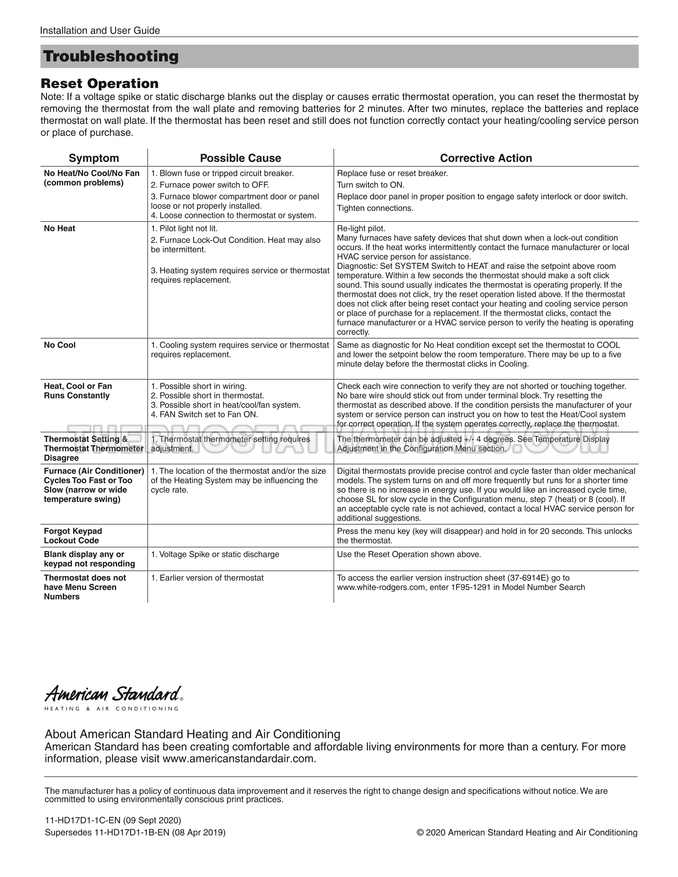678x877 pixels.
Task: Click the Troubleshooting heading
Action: tap(111, 56)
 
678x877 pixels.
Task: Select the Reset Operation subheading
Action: tap(100, 83)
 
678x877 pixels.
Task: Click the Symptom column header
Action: tap(94, 158)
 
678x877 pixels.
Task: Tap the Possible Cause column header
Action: tap(241, 158)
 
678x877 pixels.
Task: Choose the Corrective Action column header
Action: tap(486, 158)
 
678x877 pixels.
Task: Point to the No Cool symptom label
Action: tap(60, 345)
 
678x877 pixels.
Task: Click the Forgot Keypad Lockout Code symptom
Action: tap(73, 536)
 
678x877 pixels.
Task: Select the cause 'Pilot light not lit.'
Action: tap(184, 228)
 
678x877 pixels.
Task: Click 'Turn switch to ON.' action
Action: tap(371, 185)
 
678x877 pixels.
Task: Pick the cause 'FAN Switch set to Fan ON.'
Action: tap(204, 414)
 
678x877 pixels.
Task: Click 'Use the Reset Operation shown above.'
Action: tap(409, 554)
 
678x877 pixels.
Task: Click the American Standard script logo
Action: tap(113, 694)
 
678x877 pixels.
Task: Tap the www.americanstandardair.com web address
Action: tap(238, 759)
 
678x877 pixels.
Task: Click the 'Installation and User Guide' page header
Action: tap(100, 30)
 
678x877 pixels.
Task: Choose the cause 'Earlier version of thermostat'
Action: tap(207, 578)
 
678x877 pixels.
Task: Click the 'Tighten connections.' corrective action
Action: tap(375, 208)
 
